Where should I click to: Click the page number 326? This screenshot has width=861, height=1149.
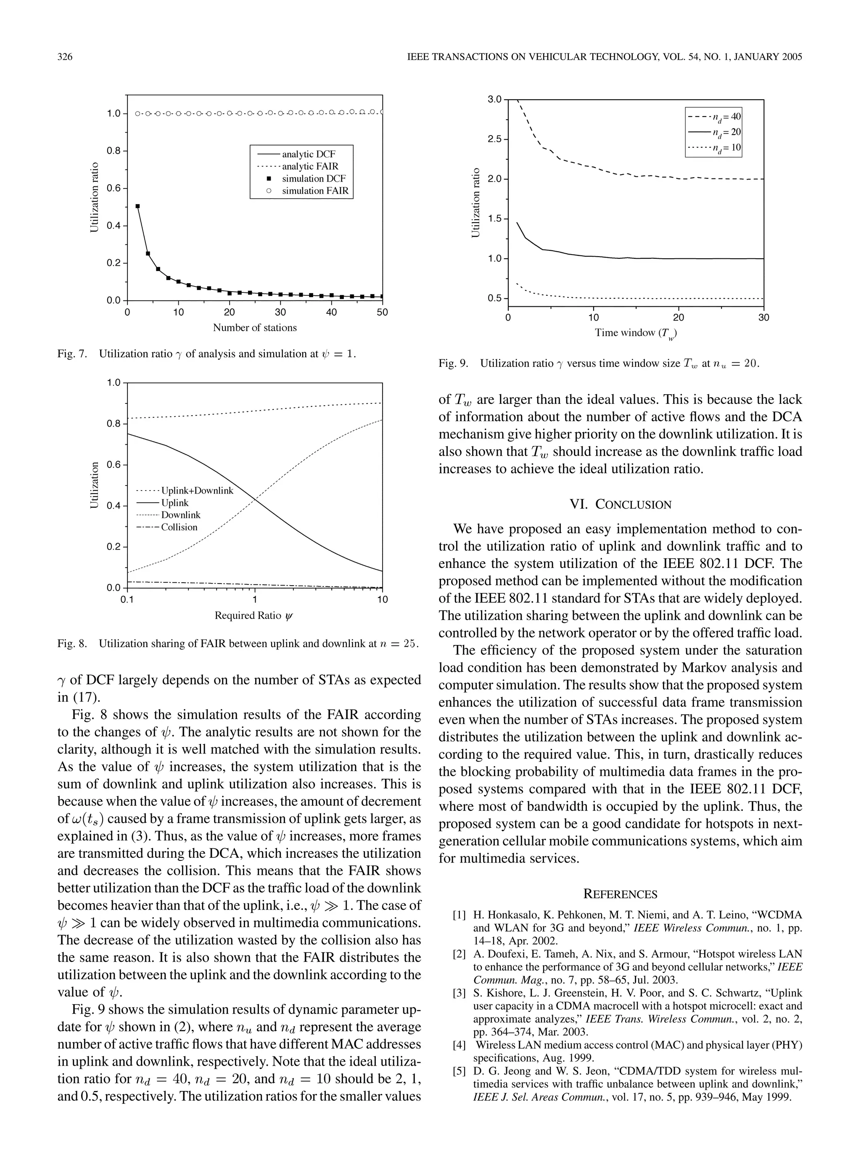click(64, 57)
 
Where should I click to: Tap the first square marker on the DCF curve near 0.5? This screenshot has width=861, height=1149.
click(137, 206)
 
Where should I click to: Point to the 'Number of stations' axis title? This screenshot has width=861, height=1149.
click(254, 328)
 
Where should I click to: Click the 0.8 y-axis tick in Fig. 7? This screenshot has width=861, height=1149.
click(114, 151)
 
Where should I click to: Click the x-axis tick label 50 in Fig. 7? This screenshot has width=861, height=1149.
click(382, 313)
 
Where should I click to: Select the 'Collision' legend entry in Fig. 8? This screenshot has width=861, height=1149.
click(179, 527)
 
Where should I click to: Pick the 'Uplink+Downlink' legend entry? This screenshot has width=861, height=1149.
click(197, 490)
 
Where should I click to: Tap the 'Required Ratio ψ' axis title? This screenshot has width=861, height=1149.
click(254, 616)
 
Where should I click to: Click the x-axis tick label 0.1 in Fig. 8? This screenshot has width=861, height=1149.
click(127, 600)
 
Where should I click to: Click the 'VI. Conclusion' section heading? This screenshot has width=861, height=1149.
click(620, 504)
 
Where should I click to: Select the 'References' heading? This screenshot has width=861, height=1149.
click(620, 894)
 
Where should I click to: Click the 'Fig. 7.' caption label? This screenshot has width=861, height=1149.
click(72, 354)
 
